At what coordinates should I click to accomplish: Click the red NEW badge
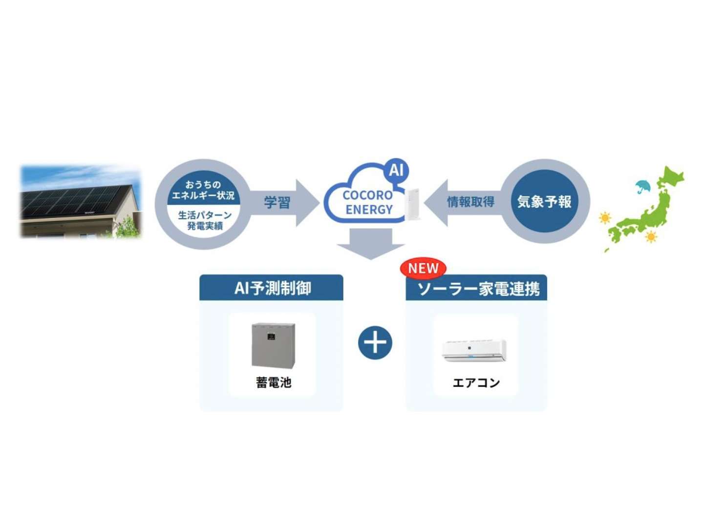coord(423,268)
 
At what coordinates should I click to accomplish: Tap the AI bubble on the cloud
coord(396,170)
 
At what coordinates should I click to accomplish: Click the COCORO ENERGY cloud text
coord(368,202)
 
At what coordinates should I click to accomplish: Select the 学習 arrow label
coord(277,202)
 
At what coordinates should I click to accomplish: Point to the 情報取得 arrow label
coord(470,202)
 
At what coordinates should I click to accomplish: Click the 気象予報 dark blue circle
coord(544,201)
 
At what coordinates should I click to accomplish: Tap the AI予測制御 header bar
coord(272,288)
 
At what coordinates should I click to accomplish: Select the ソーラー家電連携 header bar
coord(477,289)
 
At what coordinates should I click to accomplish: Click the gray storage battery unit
coord(273,345)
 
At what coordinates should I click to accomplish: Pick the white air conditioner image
coord(474,350)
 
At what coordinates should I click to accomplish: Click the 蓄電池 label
coord(274,382)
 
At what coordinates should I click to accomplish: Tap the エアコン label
coord(476,383)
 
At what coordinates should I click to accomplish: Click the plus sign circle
coord(375,342)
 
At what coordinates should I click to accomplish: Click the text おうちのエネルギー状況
coord(203,190)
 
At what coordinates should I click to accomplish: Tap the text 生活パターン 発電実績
coord(205,220)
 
